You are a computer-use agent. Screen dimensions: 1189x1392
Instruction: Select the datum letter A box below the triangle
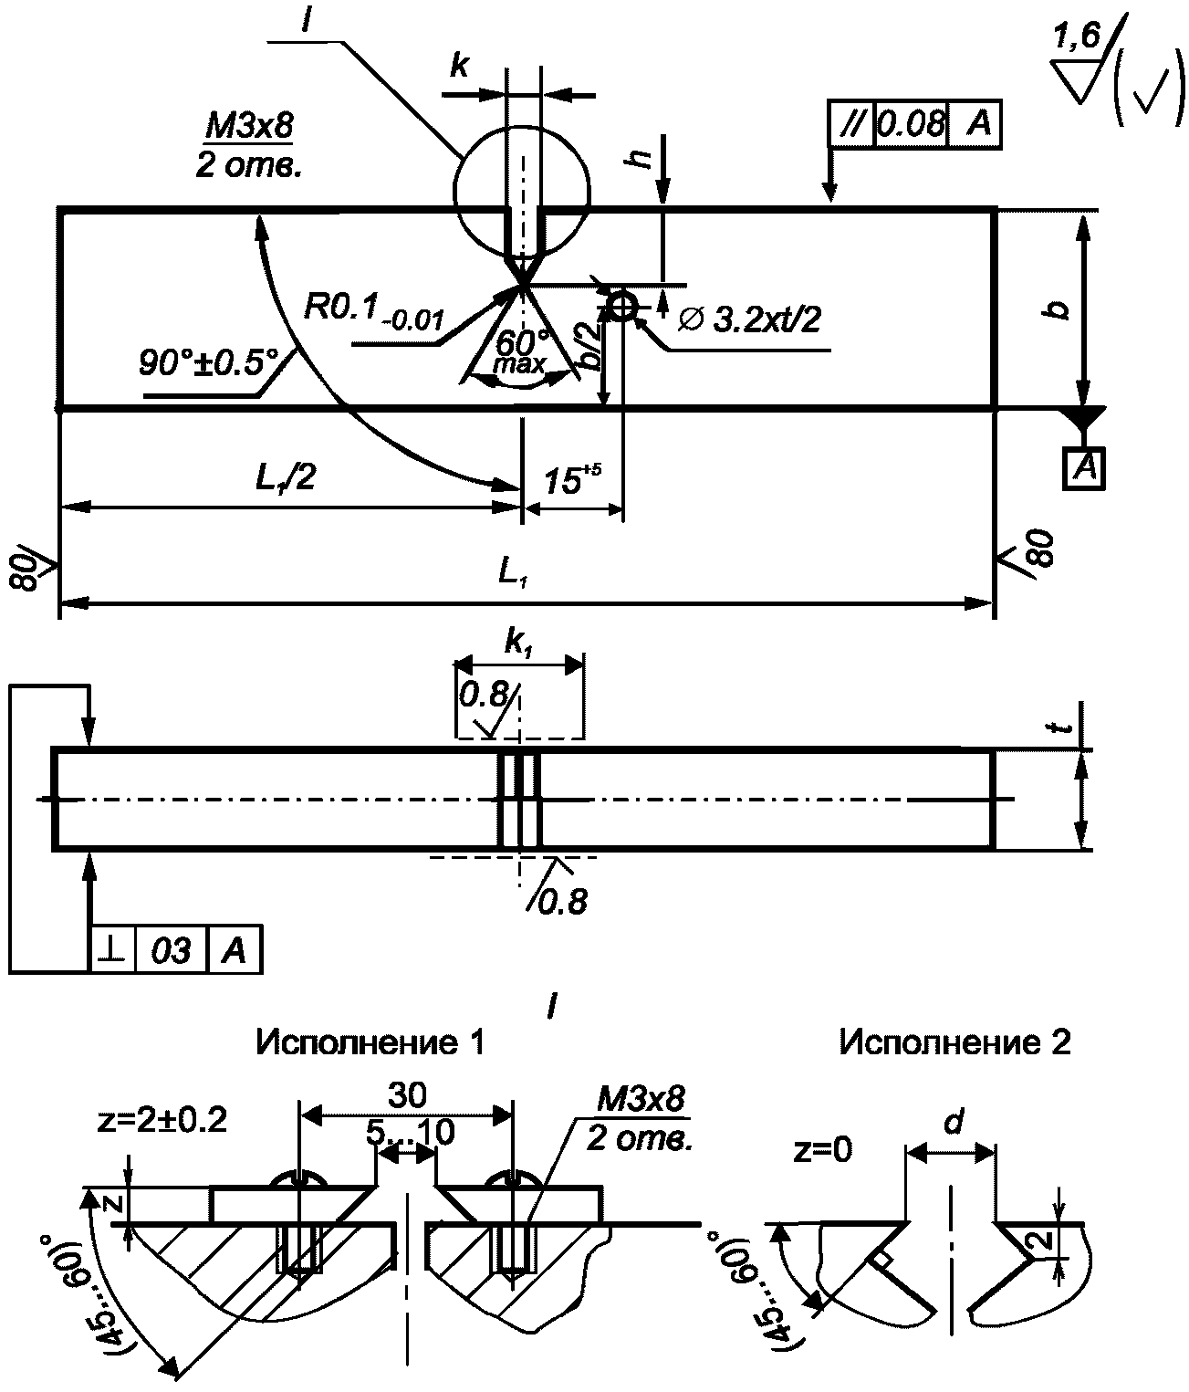(1085, 467)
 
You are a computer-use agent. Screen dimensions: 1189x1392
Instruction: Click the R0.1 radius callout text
(373, 310)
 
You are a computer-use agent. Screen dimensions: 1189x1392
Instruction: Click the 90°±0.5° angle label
(209, 363)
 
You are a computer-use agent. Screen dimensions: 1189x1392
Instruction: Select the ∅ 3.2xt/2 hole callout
(748, 319)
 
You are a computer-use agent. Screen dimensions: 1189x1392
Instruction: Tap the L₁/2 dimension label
(286, 478)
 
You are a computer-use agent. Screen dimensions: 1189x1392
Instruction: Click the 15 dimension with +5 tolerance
(571, 479)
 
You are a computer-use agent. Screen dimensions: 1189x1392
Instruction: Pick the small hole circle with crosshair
(622, 307)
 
